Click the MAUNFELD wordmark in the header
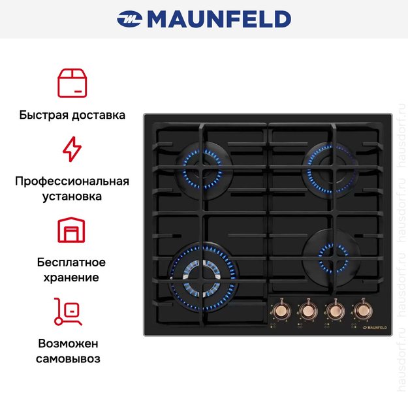(x=219, y=20)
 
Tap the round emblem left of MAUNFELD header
(x=129, y=20)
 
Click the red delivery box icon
(x=72, y=83)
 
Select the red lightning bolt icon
(x=72, y=149)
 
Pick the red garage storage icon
(x=72, y=230)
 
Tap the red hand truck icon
(x=68, y=311)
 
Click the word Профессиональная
(x=72, y=181)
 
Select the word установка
(x=72, y=196)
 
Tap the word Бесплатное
(x=72, y=262)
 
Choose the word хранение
(x=72, y=277)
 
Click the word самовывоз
(x=72, y=359)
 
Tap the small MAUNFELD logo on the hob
(x=374, y=326)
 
